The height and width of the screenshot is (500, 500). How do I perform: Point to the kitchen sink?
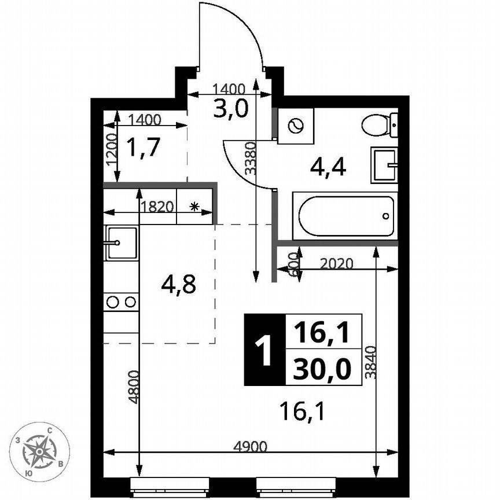click(x=121, y=243)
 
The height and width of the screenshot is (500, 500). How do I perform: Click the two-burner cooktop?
click(x=122, y=302)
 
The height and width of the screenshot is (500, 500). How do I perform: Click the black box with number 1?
click(x=265, y=351)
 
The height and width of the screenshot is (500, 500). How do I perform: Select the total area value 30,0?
click(x=323, y=369)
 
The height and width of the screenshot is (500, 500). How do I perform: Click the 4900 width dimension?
click(x=250, y=446)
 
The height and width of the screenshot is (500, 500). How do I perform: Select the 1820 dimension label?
click(x=157, y=207)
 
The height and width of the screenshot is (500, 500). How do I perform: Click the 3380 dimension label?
click(x=249, y=159)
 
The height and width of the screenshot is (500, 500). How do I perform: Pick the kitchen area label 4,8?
click(x=179, y=285)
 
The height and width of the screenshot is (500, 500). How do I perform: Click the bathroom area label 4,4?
click(x=328, y=167)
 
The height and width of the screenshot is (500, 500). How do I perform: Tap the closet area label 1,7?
click(x=142, y=148)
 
